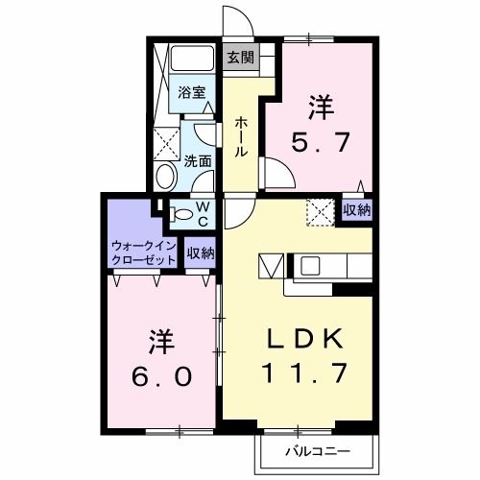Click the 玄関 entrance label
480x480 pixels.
[240, 57]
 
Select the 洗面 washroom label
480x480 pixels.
[199, 161]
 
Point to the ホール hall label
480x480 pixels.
[241, 135]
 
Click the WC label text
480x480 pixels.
[204, 214]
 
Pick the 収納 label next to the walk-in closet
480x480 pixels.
[201, 253]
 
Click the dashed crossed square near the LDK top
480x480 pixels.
[319, 210]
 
